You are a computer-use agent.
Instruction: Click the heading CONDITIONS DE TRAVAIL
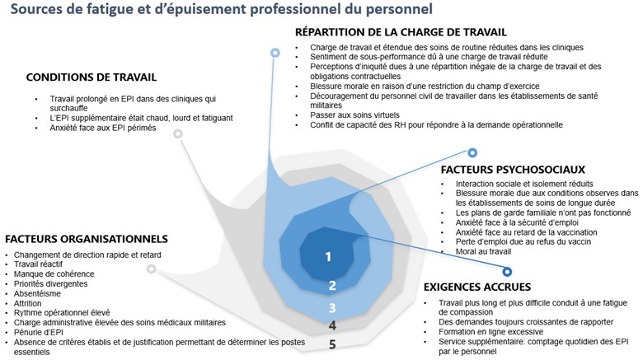coord(91,77)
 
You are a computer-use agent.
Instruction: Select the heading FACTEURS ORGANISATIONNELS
coord(86,239)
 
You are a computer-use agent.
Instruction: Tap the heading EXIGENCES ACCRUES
coord(478,288)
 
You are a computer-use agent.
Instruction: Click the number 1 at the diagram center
coord(328,256)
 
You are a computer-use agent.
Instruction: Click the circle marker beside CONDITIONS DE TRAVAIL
coord(178,133)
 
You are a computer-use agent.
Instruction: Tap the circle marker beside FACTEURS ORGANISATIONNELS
coord(151,269)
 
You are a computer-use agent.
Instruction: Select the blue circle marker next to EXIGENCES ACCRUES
coord(508,270)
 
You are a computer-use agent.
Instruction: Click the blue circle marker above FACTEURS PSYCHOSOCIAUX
coord(472,152)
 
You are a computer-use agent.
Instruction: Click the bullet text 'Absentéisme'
coord(39,293)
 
